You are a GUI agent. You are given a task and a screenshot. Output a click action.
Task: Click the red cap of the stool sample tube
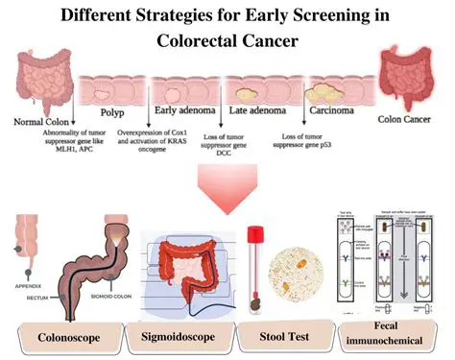[x=256, y=233]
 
